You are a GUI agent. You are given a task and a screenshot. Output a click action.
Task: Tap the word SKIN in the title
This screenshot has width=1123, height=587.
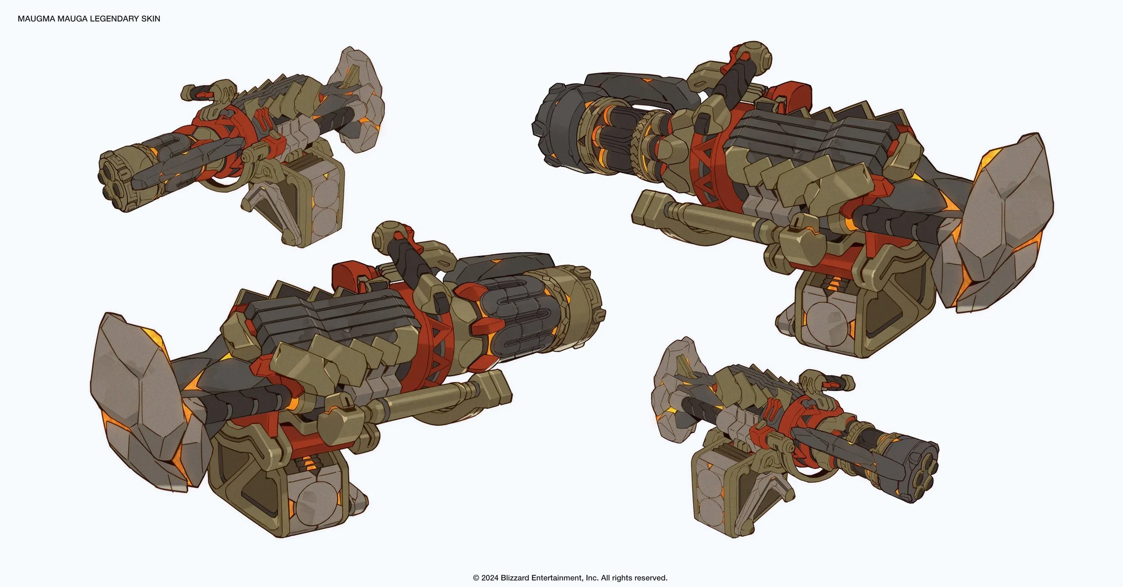[151, 19]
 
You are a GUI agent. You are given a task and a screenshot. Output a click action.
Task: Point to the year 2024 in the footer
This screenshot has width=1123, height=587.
[490, 578]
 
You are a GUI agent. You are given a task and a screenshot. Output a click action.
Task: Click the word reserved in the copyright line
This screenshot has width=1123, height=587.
[651, 578]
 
